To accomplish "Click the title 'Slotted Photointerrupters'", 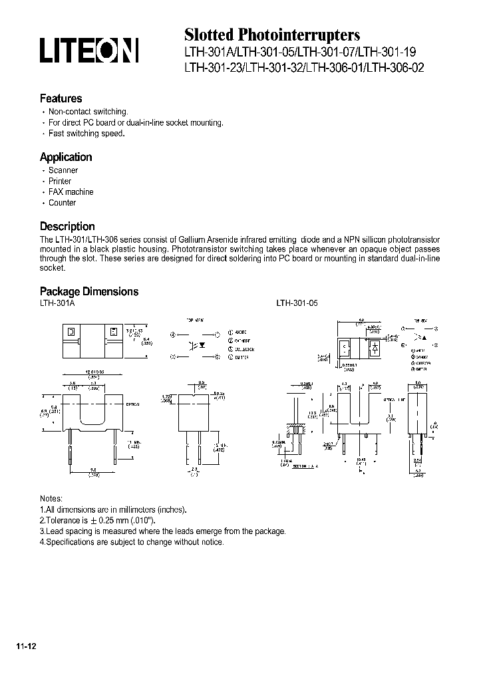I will (x=271, y=35).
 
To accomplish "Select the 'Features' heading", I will (x=61, y=98).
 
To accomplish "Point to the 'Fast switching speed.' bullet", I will (x=86, y=134).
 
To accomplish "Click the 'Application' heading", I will (x=66, y=157).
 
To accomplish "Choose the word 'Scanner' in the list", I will (x=63, y=170).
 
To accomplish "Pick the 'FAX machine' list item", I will (x=71, y=192).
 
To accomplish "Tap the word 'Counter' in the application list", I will (x=62, y=202).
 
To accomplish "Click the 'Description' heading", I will (x=67, y=226).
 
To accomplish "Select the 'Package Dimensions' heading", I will (x=89, y=291).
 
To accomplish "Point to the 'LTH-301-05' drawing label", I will (x=297, y=303).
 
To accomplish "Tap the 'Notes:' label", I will (x=51, y=499).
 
